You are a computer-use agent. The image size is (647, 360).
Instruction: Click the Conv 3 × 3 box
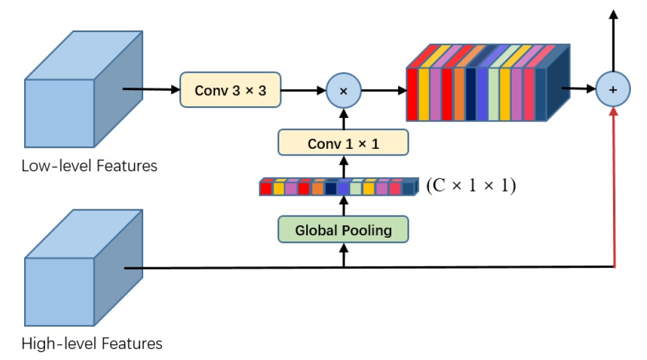232,90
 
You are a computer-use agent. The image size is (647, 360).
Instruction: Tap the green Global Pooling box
343,230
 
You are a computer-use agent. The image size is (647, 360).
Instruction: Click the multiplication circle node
344,90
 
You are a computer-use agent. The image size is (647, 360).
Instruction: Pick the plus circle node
613,90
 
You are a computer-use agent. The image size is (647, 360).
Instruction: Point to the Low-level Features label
90,166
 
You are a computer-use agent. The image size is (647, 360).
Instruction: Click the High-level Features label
92,343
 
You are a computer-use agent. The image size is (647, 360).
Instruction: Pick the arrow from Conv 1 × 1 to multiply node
344,119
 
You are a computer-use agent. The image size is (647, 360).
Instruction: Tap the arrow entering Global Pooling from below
344,256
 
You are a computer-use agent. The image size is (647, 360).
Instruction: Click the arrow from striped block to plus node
579,89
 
